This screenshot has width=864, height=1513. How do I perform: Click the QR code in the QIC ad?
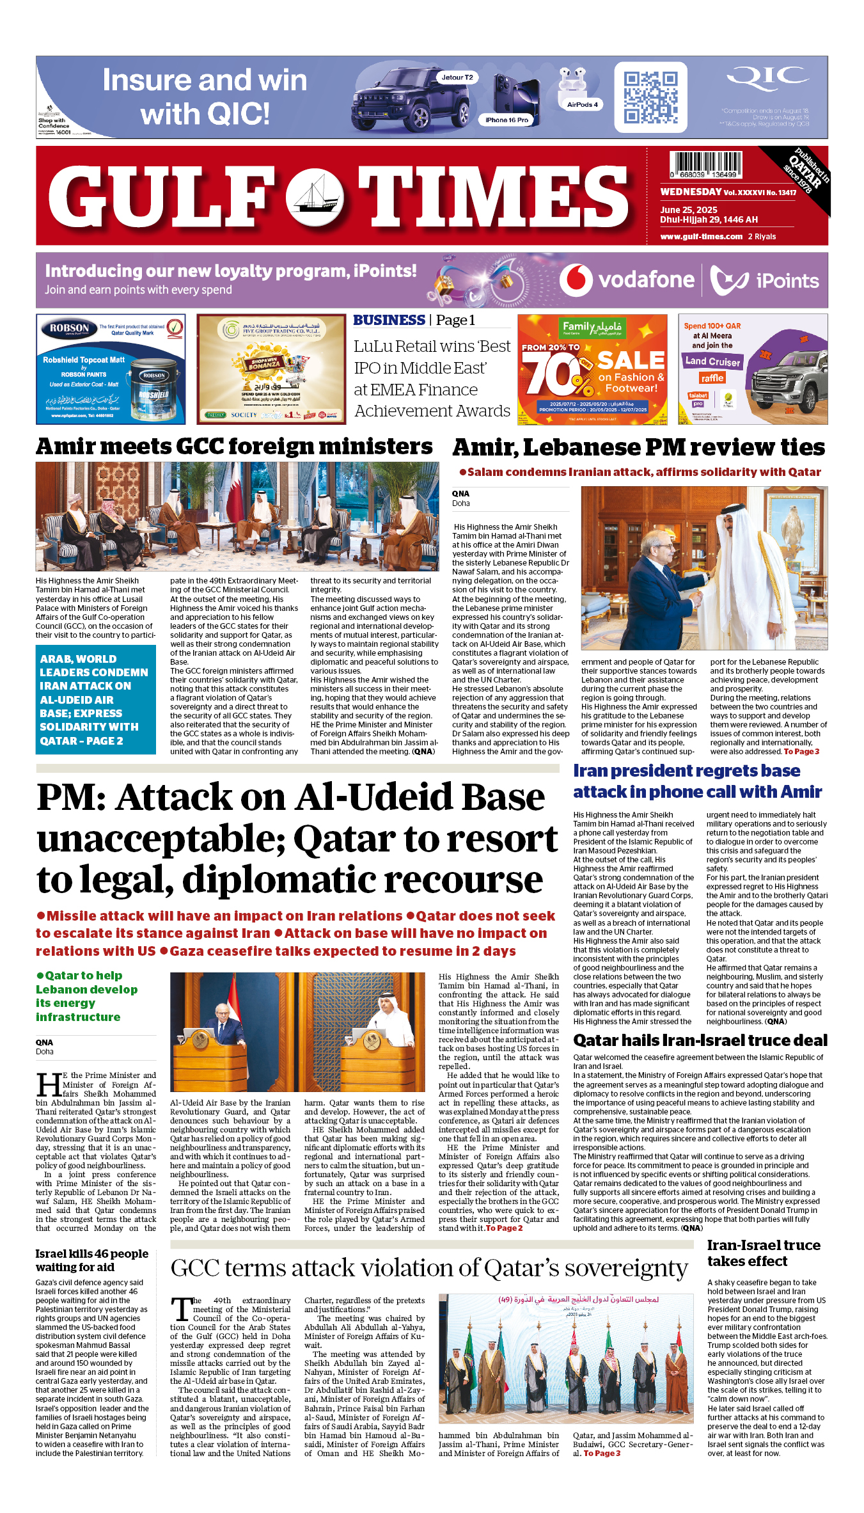pyautogui.click(x=650, y=97)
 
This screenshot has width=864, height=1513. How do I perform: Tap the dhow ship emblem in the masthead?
pyautogui.click(x=314, y=198)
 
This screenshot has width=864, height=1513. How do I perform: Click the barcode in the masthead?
pyautogui.click(x=706, y=164)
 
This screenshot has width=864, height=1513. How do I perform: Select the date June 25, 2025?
pyautogui.click(x=689, y=210)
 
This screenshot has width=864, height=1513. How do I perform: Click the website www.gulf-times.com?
pyautogui.click(x=702, y=237)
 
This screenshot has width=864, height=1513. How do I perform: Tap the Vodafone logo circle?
pyautogui.click(x=576, y=280)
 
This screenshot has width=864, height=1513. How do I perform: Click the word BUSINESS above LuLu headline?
pyautogui.click(x=389, y=320)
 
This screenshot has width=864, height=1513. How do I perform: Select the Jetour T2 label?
pyautogui.click(x=457, y=77)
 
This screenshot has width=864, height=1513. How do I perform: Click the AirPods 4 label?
pyautogui.click(x=582, y=105)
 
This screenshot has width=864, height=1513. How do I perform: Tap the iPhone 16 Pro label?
pyautogui.click(x=507, y=120)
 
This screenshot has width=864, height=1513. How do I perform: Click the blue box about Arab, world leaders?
pyautogui.click(x=95, y=699)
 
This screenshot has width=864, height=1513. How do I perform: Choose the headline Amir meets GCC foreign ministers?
pyautogui.click(x=234, y=447)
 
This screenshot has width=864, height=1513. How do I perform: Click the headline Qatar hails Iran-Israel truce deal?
pyautogui.click(x=700, y=1040)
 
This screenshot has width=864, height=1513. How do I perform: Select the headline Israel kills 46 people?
pyautogui.click(x=91, y=1260)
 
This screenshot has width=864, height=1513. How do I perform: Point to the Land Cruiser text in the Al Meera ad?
pyautogui.click(x=712, y=361)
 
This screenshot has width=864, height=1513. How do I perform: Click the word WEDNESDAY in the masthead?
pyautogui.click(x=691, y=192)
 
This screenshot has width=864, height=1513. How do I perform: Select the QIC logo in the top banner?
pyautogui.click(x=767, y=79)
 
